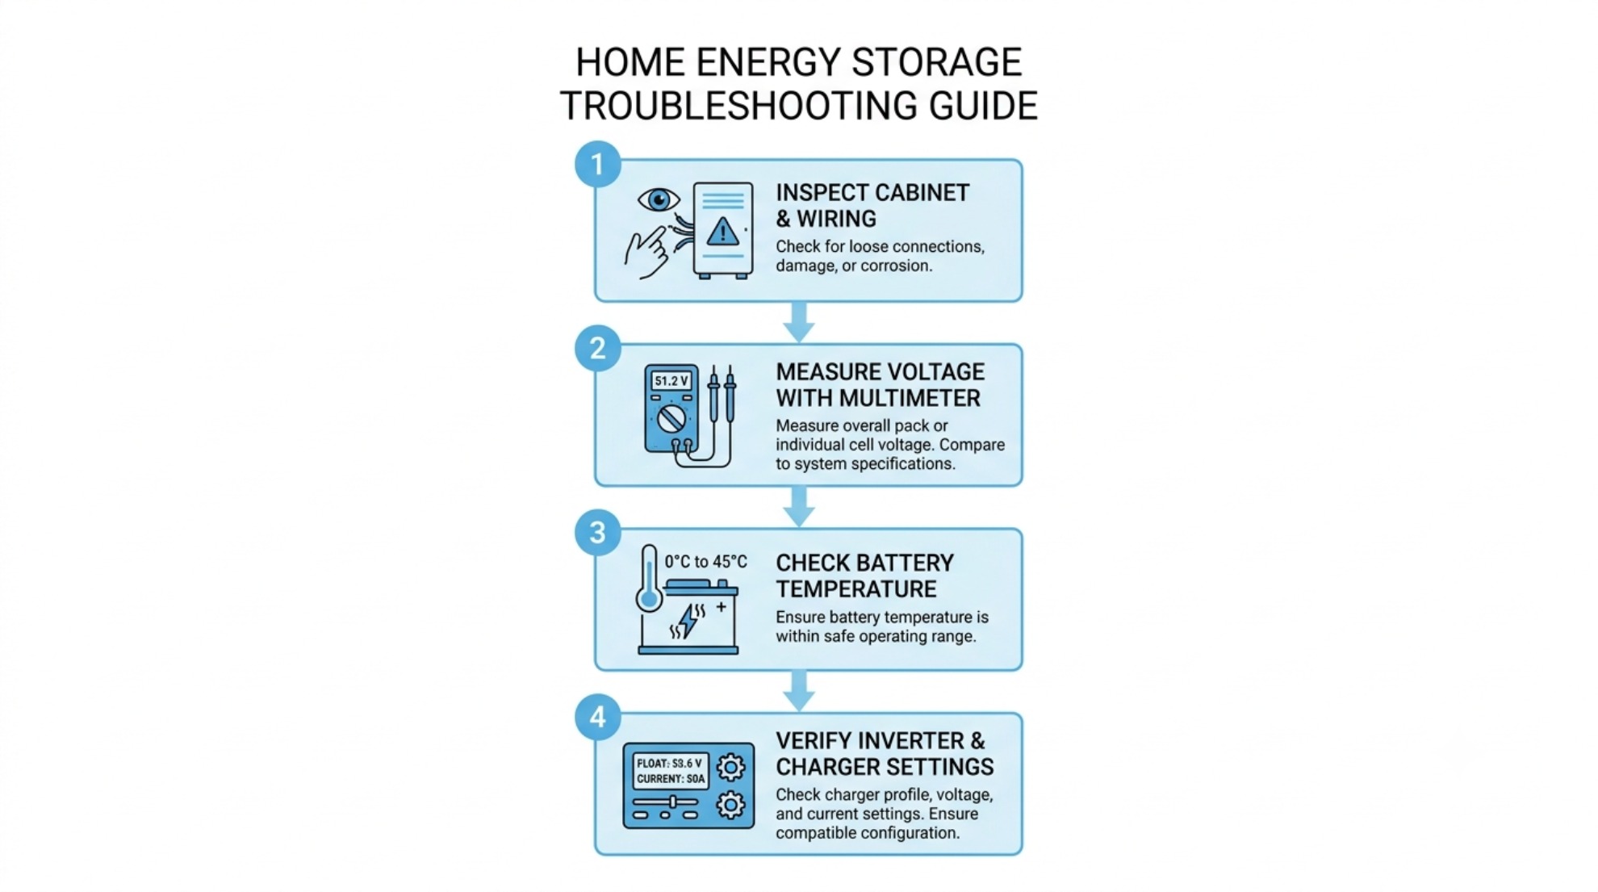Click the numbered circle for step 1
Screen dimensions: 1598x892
pos(597,165)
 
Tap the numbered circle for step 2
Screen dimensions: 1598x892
pos(597,349)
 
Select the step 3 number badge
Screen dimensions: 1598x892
pos(597,533)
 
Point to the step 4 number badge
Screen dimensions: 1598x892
pos(597,717)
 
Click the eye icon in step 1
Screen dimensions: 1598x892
pos(659,199)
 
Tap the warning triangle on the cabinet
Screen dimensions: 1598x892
pos(722,232)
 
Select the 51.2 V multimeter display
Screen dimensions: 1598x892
pos(671,381)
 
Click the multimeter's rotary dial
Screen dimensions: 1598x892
pos(671,418)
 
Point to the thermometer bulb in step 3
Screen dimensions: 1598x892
pos(649,600)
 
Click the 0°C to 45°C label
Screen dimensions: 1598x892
pos(705,562)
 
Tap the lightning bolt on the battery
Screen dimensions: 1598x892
pos(688,621)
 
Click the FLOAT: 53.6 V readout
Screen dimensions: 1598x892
pos(669,763)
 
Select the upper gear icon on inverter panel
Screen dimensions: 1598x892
pos(731,767)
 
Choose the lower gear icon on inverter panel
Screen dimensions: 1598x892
pos(731,805)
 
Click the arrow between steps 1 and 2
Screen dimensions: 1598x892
pos(799,322)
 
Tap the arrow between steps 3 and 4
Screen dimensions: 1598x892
pos(799,691)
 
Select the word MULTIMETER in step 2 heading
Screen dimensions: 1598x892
pos(910,398)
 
